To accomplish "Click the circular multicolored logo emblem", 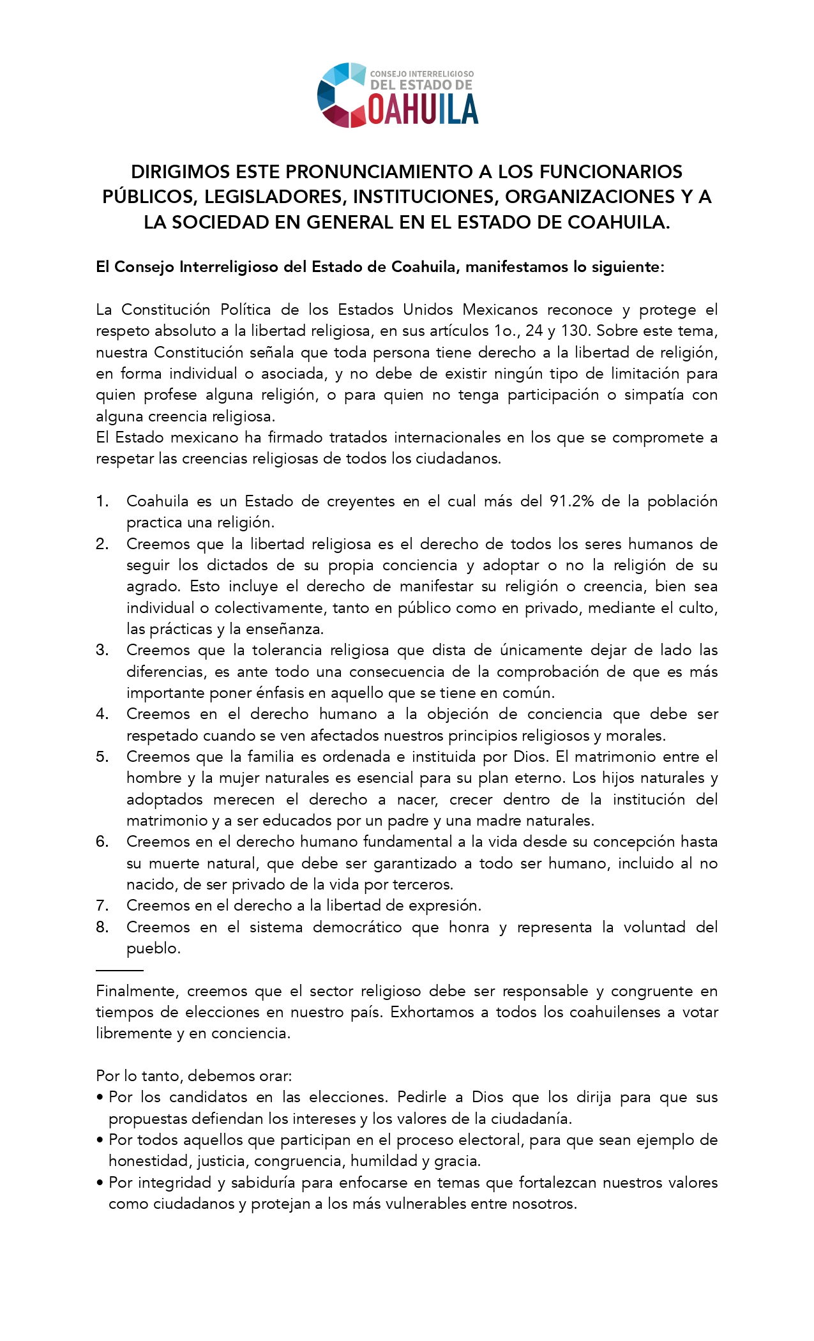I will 343,95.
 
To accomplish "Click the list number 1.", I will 102,501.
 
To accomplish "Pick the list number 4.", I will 102,714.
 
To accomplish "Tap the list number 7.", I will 102,905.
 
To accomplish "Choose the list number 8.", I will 102,927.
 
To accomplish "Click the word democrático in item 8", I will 357,927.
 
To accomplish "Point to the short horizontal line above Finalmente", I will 119,970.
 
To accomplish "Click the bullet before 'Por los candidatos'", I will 100,1098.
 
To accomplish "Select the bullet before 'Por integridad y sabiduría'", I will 100,1183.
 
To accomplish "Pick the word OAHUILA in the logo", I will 423,109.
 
